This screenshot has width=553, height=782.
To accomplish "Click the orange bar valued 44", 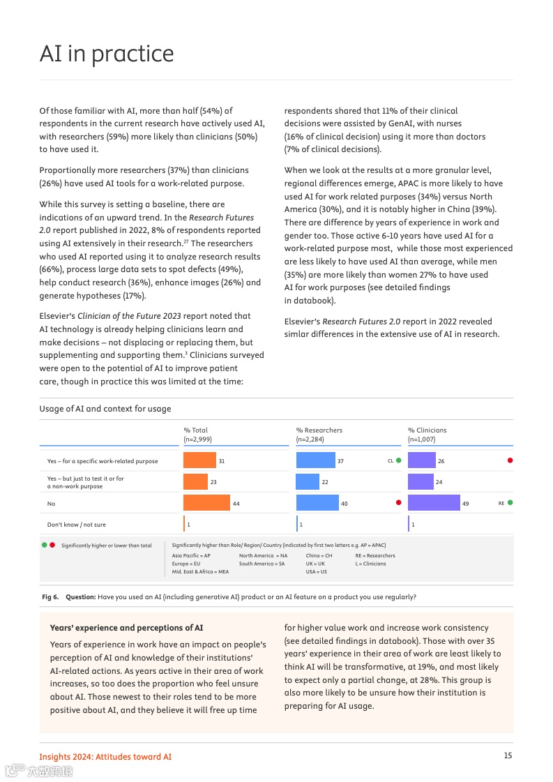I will point(206,503).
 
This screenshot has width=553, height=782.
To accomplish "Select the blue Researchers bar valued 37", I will point(315,460).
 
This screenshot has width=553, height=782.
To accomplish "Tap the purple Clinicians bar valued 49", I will point(434,503).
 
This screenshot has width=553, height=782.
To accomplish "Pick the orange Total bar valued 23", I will point(195,482).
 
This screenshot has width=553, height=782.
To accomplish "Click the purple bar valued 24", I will point(421,482).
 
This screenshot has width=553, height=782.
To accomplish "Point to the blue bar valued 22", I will point(308,482).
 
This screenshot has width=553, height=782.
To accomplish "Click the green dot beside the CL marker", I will point(399,460).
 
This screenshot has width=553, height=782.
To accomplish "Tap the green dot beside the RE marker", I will point(510,503).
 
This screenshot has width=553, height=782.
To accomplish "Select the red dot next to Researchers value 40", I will point(399,503).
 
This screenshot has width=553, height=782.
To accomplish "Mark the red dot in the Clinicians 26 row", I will point(510,460).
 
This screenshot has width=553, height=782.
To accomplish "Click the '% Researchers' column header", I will point(319,430).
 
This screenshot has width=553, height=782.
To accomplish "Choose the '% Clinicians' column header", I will point(427,430).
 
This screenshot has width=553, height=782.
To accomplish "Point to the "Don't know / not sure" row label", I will point(77,525).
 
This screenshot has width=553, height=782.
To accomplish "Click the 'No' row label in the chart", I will point(51,504).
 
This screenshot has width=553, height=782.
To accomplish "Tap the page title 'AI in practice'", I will point(107,54).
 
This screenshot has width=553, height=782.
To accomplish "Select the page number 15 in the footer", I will point(508,755).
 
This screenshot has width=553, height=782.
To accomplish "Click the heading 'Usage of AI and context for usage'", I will point(105,409).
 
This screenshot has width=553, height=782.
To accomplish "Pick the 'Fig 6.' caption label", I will point(50,597).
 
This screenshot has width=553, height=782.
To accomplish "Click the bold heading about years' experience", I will point(127,628).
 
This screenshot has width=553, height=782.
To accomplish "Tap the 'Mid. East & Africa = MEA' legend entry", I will point(200,572).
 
